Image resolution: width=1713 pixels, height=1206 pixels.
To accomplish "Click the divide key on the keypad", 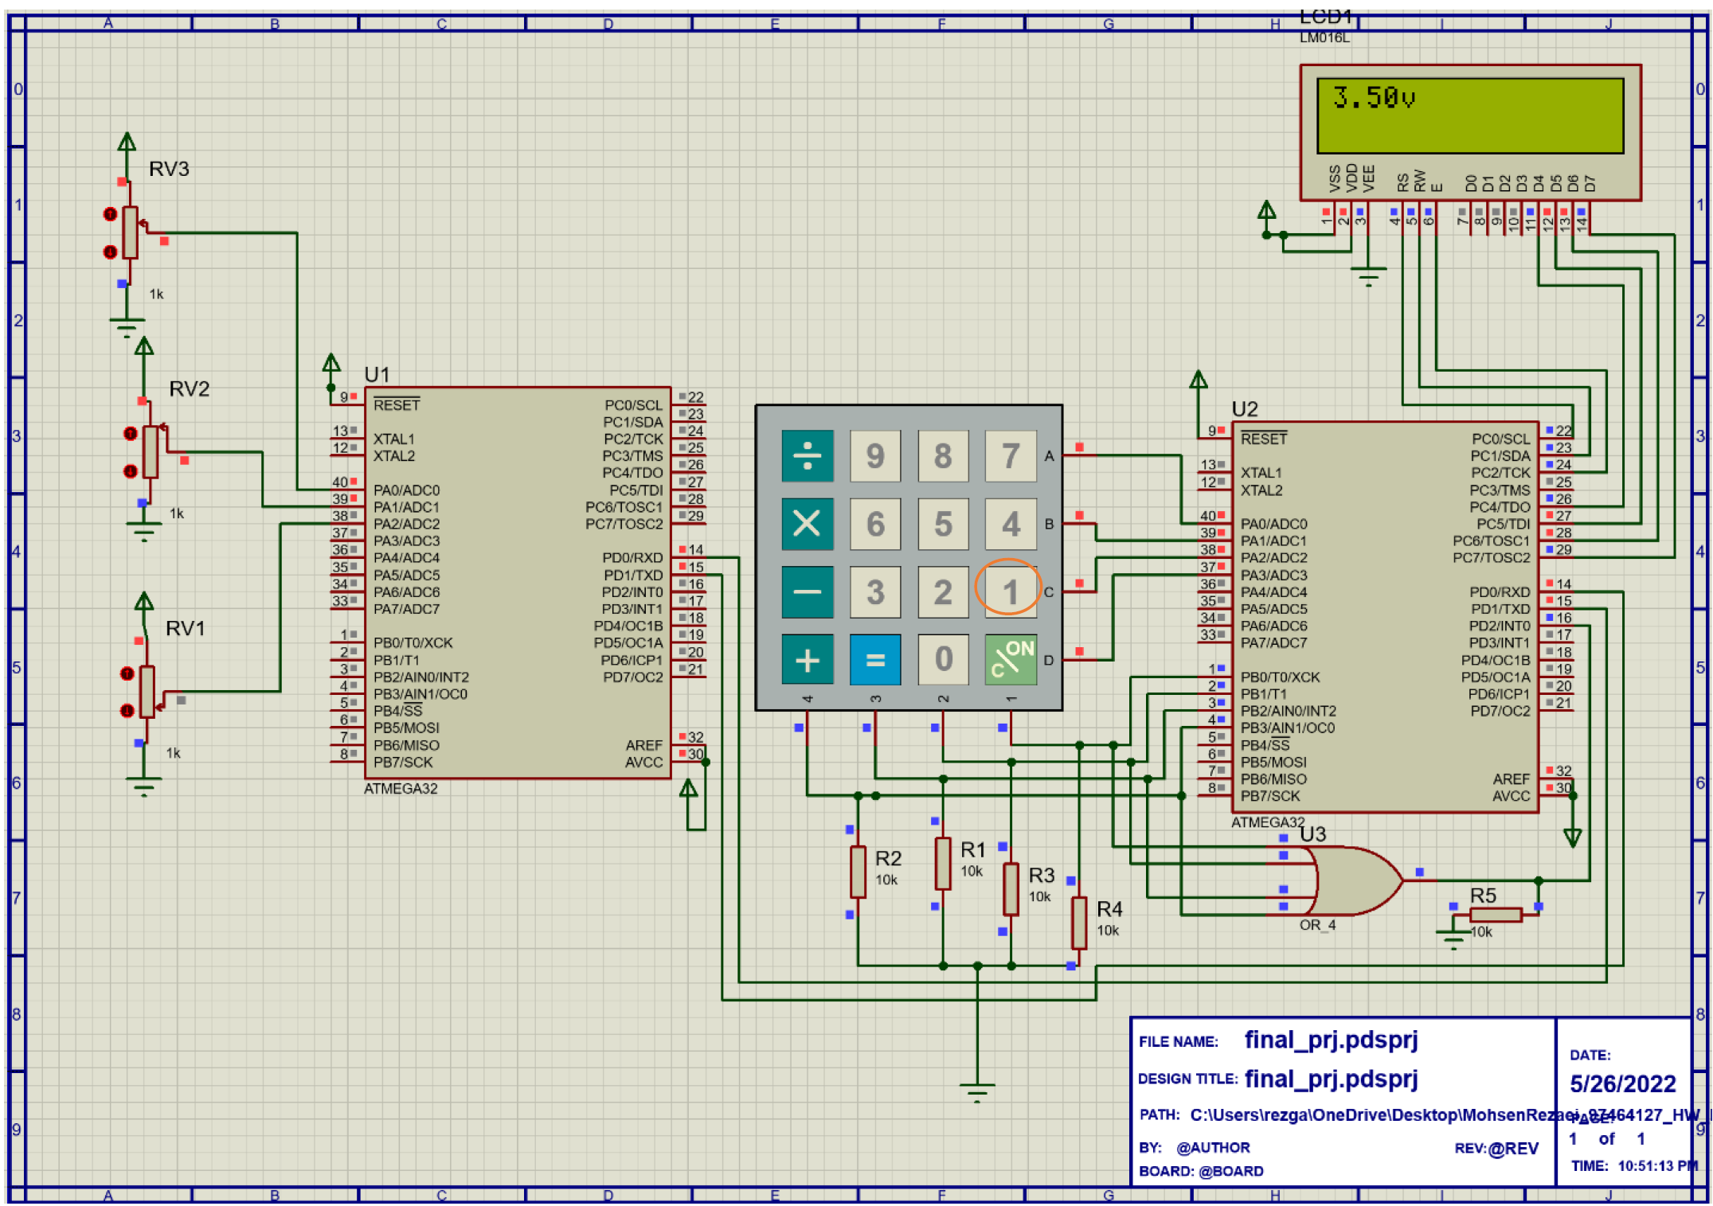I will (x=807, y=455).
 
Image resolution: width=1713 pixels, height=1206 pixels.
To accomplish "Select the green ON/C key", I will (x=1010, y=659).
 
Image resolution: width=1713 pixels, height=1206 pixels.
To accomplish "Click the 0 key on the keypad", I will (x=943, y=659).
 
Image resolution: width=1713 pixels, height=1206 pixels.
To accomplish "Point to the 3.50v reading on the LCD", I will (x=1373, y=98).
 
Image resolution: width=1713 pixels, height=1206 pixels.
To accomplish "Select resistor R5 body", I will (x=1495, y=915).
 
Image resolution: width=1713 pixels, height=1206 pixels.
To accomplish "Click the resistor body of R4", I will (x=1078, y=922).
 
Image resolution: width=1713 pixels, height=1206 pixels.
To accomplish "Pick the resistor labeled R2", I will (x=858, y=871).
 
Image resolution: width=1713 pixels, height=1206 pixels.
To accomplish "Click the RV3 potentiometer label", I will (x=169, y=169).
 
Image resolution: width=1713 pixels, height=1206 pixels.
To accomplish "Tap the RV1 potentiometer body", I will (x=147, y=692).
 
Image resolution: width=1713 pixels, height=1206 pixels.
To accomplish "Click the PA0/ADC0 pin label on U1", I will (x=406, y=490).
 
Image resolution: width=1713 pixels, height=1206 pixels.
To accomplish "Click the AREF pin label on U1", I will (x=643, y=745).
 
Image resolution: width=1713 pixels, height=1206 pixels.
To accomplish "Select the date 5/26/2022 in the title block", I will (x=1622, y=1083).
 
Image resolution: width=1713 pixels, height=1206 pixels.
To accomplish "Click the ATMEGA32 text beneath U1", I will (x=401, y=788).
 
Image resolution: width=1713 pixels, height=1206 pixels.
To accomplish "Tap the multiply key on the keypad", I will (x=807, y=524).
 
